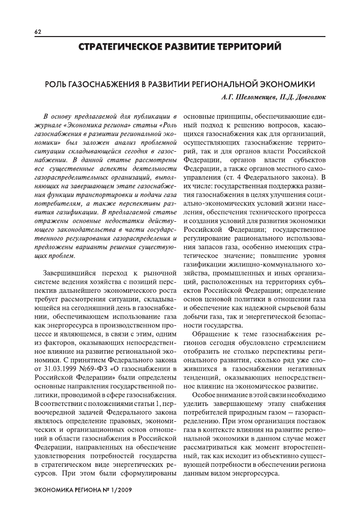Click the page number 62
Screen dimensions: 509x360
tap(38, 31)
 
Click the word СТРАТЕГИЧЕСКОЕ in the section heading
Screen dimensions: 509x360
tap(118, 47)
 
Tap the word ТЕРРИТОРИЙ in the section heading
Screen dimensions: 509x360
tap(243, 47)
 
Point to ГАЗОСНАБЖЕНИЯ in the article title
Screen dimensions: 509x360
tap(104, 83)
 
